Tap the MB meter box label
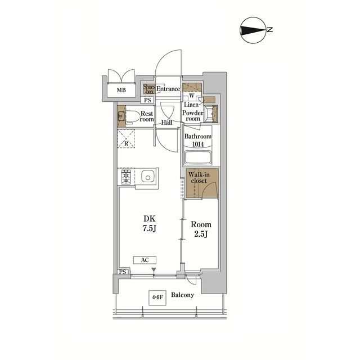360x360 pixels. tap(121, 90)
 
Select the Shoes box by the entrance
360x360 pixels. tap(148, 89)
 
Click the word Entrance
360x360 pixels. tap(168, 89)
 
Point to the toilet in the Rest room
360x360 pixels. tap(133, 116)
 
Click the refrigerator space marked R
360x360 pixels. tap(126, 139)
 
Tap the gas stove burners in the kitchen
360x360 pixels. tap(126, 177)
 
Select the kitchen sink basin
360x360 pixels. tap(147, 177)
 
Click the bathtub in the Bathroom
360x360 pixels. tap(197, 157)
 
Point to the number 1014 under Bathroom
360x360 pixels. tap(198, 144)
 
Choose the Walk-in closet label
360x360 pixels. tap(199, 178)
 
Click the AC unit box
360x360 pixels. tap(145, 260)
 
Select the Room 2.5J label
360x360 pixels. tap(201, 229)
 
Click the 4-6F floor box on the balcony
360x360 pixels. tap(157, 298)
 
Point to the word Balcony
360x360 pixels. tap(182, 295)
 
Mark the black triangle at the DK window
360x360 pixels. tap(154, 269)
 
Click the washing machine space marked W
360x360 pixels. tap(192, 95)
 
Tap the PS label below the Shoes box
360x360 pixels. tap(147, 100)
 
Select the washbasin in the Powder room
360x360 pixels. tap(211, 113)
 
